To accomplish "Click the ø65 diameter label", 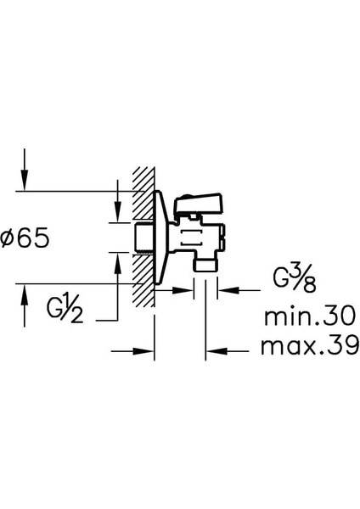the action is tap(25, 238).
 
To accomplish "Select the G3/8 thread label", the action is tap(295, 279).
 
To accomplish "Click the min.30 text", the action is tap(310, 316).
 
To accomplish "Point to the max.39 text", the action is tap(310, 345).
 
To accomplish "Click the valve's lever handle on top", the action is tap(199, 203).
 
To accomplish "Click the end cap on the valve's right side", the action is tap(222, 238).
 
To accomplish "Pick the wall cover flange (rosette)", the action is tap(161, 238).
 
